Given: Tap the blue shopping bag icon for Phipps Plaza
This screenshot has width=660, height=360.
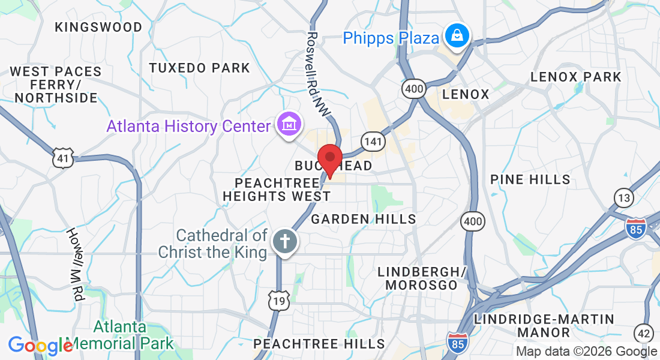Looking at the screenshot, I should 458,36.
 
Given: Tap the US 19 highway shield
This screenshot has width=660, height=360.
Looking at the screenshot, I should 280,301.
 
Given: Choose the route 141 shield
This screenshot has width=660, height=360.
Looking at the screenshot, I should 373,142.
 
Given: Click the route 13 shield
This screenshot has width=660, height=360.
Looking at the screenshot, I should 623,198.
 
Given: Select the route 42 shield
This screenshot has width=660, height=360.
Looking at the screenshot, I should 643,333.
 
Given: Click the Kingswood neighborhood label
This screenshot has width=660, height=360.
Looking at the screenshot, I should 98,27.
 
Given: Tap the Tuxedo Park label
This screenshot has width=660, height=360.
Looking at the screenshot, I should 199,68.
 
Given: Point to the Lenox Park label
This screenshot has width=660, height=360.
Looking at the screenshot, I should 576,77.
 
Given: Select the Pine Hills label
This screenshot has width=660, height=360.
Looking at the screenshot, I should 530,179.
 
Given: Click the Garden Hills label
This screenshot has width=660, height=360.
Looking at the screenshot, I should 364,219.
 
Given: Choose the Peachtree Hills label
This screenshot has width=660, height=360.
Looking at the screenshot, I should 319,344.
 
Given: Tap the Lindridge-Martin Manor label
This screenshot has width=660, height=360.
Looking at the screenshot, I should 544,325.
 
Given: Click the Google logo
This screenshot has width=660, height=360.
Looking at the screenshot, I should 40,346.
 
